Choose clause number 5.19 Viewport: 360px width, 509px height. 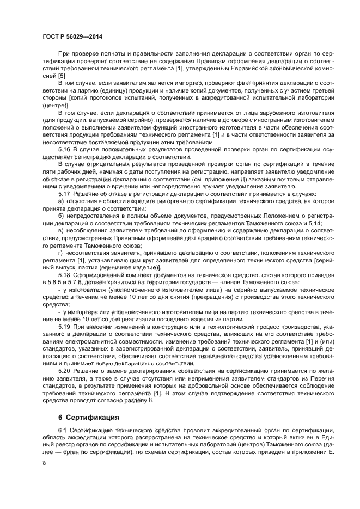(x=64, y=326)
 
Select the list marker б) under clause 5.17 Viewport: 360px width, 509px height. (x=60, y=216)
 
